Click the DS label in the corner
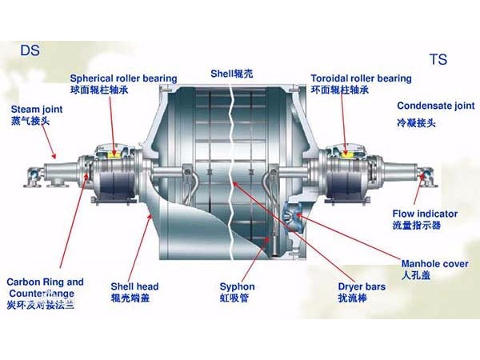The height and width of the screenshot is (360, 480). [30, 50]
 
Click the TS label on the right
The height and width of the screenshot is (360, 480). [438, 59]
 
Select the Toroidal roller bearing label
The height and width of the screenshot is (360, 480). [361, 78]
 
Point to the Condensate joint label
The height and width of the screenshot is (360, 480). [435, 106]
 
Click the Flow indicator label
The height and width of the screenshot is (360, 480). [424, 214]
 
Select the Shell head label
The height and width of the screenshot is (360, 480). [134, 286]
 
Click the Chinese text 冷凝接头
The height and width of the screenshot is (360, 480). [416, 123]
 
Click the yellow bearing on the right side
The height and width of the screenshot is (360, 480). [350, 152]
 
